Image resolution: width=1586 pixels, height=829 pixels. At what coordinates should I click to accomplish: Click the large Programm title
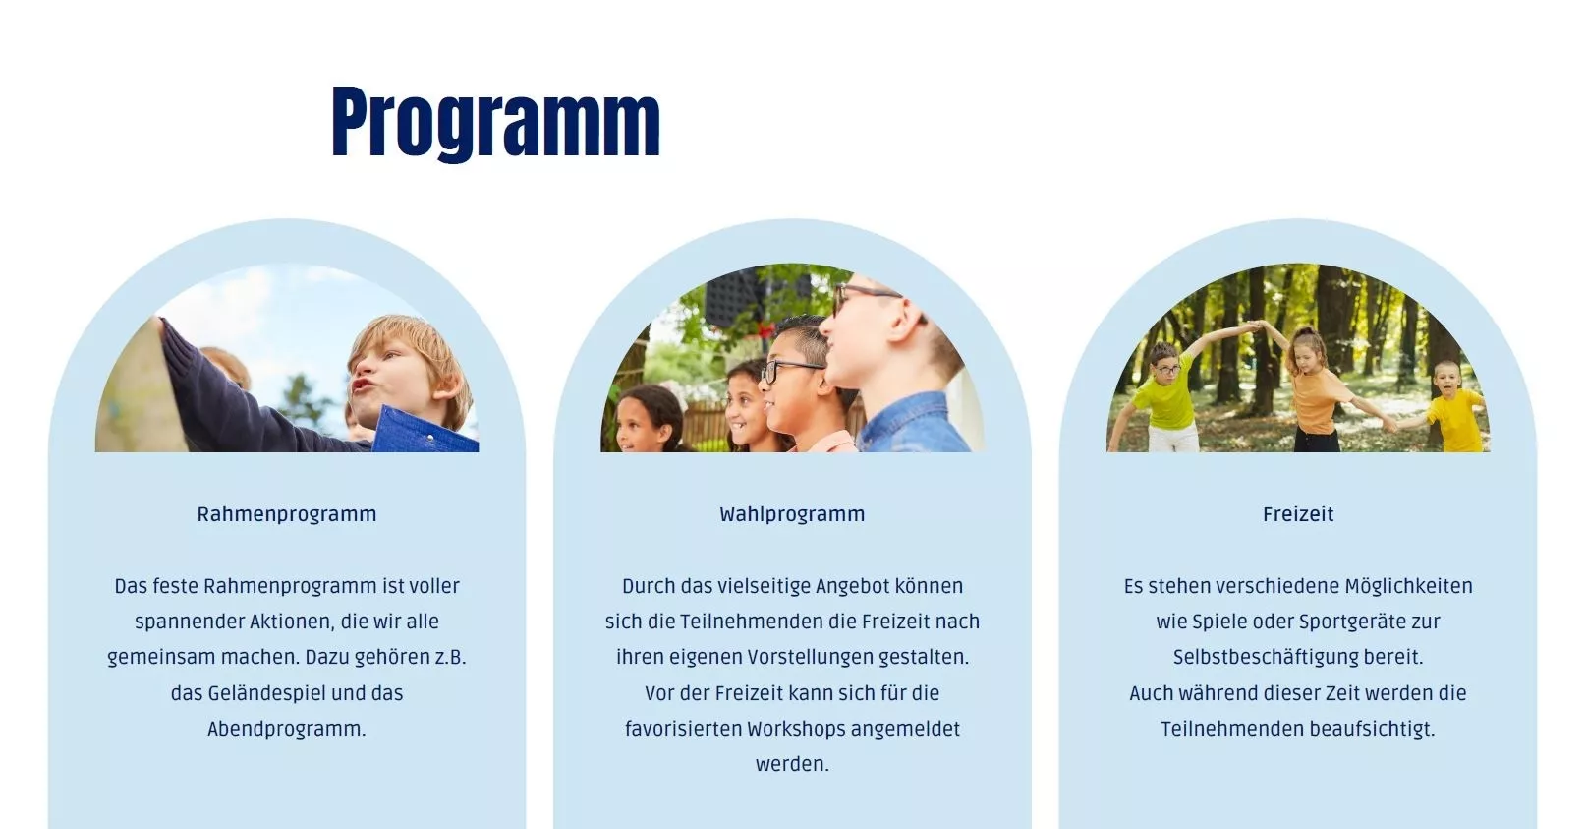click(495, 123)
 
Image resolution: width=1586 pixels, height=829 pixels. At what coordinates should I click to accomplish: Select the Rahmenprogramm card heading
click(287, 513)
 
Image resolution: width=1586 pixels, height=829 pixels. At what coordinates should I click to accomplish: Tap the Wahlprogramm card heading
click(792, 513)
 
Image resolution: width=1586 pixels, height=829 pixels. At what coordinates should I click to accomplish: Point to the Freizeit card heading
click(1298, 513)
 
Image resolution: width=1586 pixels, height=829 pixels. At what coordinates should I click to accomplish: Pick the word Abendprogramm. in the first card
click(287, 729)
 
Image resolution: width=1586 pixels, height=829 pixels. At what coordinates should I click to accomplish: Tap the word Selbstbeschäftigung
click(1265, 657)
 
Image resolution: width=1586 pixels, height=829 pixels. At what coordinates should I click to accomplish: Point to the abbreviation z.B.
click(449, 657)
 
